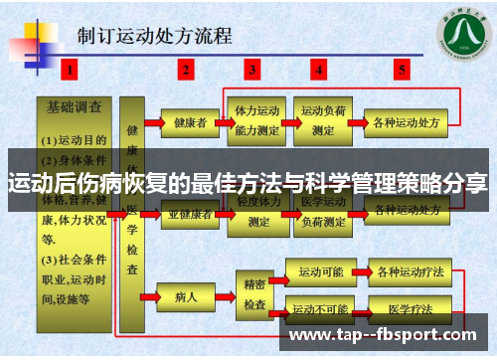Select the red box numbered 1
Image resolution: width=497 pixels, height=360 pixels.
[69, 70]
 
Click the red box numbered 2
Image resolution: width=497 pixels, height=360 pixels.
[185, 70]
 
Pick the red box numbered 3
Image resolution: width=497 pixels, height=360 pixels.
[253, 70]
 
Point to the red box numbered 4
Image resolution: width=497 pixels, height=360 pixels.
[319, 70]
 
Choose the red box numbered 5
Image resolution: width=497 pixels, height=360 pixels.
[402, 70]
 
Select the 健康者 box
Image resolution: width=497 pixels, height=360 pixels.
[189, 123]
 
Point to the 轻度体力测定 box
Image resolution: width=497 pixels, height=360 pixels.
[255, 215]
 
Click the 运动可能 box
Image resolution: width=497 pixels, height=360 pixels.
[318, 271]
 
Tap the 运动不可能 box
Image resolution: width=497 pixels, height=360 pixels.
[318, 309]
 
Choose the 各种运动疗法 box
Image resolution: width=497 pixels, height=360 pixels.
[406, 271]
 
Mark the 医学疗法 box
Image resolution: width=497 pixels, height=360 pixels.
[406, 309]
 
